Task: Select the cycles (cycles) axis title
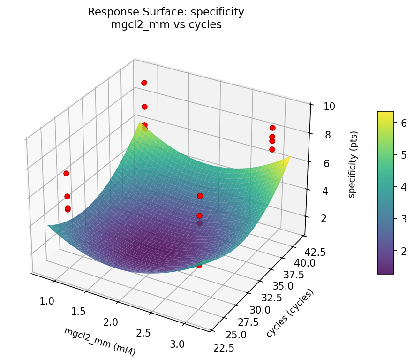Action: tap(290, 313)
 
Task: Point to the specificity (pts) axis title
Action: tap(353, 162)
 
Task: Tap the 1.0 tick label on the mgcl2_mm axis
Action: tap(47, 301)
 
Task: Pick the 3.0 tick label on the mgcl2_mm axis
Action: tap(177, 345)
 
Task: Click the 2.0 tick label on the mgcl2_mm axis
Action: tap(111, 322)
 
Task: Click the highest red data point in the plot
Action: tap(144, 83)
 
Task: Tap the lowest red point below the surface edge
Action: tap(199, 265)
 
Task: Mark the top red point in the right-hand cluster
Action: tap(272, 128)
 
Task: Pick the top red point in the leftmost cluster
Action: tap(66, 173)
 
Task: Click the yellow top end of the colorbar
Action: tap(385, 114)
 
